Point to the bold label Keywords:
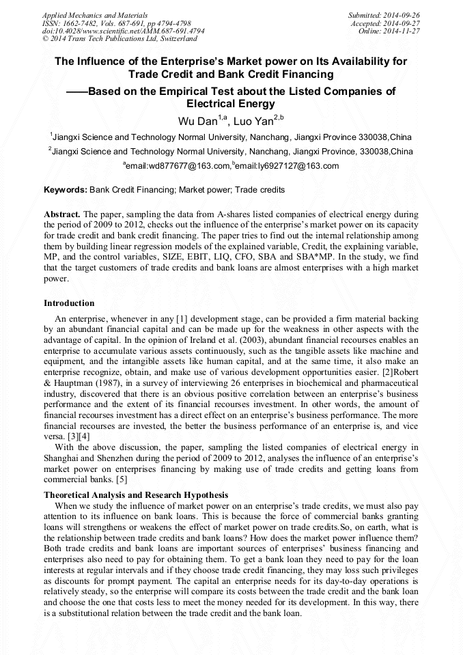pyautogui.click(x=66, y=189)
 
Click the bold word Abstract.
pyautogui.click(x=62, y=214)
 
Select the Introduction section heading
pyautogui.click(x=69, y=303)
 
